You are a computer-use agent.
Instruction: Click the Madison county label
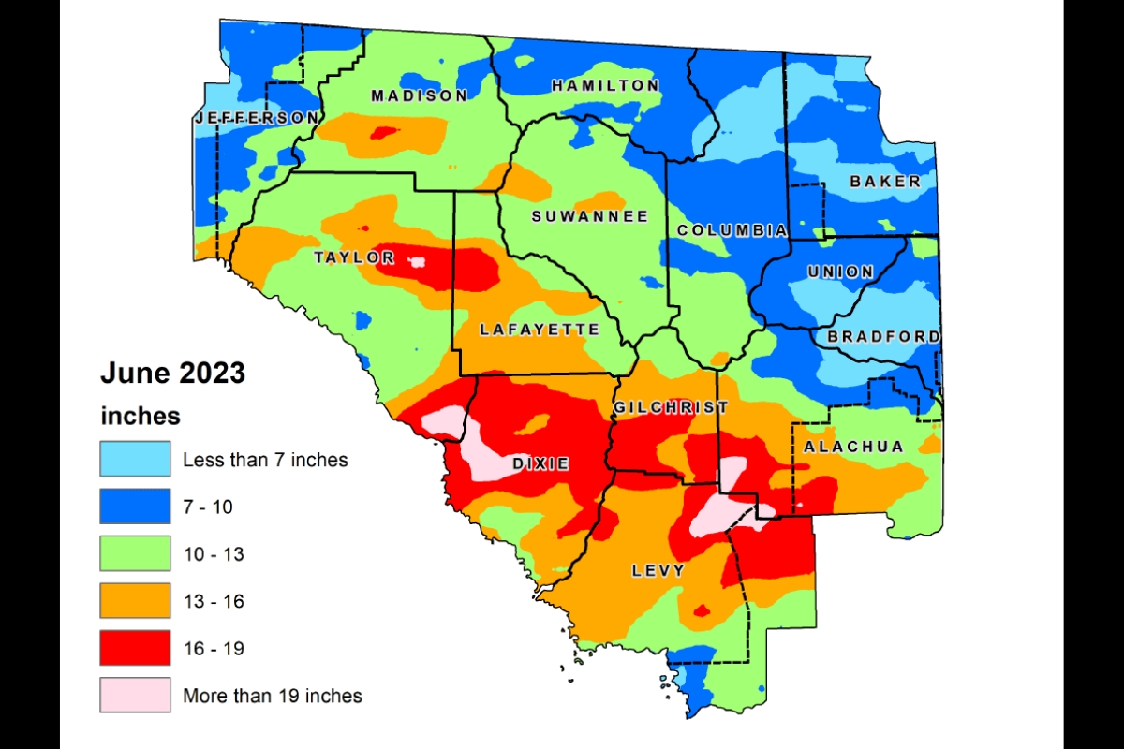point(419,95)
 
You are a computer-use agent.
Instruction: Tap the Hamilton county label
point(605,85)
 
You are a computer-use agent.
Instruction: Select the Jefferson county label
point(256,118)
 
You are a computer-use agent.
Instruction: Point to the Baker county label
point(885,182)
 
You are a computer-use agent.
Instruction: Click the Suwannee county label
point(590,216)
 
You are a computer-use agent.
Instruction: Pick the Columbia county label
point(732,230)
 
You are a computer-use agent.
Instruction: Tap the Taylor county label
point(354,257)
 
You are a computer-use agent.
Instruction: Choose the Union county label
point(840,272)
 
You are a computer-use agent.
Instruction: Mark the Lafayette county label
point(539,330)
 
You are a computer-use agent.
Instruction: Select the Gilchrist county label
point(670,407)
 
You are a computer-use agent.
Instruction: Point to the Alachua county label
point(854,447)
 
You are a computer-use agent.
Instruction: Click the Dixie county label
point(540,463)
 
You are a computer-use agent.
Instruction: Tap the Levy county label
point(658,570)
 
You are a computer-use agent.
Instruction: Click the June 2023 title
point(172,374)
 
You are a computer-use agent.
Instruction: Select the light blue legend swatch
point(136,459)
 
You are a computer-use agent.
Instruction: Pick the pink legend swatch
point(136,695)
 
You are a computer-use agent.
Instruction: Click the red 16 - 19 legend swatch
point(136,648)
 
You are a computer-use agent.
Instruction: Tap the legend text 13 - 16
point(213,601)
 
